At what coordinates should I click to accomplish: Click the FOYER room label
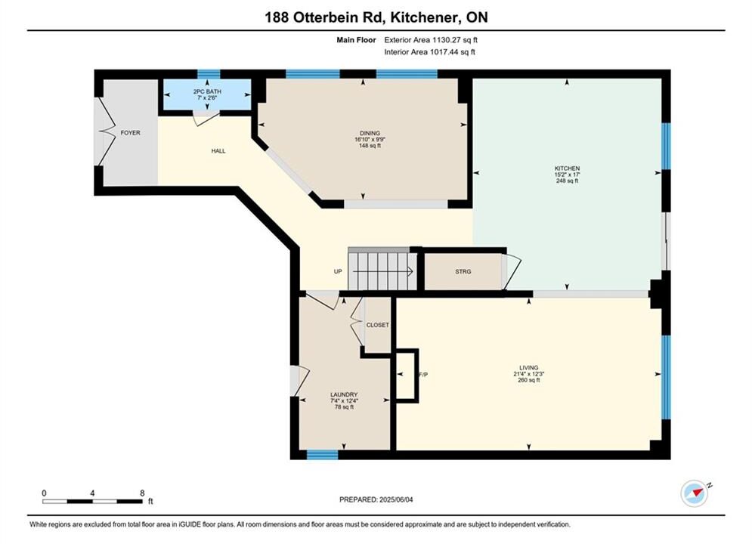(x=130, y=133)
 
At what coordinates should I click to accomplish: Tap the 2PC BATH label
(x=207, y=91)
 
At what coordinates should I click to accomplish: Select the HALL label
(x=218, y=151)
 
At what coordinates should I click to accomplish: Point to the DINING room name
(x=370, y=133)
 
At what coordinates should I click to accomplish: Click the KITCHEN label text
(x=568, y=168)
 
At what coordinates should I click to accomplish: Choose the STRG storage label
(x=463, y=271)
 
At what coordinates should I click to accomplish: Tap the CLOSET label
(x=377, y=325)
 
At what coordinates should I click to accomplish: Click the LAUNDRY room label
(x=344, y=394)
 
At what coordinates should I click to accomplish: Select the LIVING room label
(x=528, y=368)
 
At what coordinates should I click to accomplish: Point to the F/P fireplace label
(x=423, y=375)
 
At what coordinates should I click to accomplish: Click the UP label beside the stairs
(x=338, y=271)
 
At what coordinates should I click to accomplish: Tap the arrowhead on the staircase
(x=410, y=272)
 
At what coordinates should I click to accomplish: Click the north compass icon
(x=695, y=493)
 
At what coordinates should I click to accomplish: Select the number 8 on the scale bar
(x=142, y=493)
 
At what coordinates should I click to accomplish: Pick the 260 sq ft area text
(x=528, y=380)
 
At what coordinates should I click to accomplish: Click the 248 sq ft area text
(x=568, y=181)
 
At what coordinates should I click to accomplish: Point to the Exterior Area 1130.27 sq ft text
(x=431, y=40)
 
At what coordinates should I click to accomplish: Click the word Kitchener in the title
(x=422, y=17)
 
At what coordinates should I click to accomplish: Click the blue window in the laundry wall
(x=322, y=454)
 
